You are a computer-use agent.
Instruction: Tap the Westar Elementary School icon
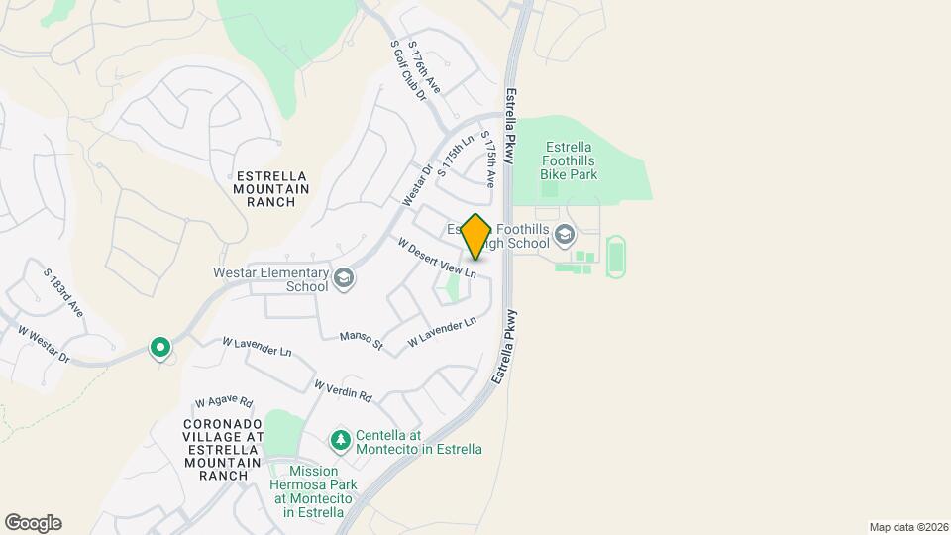coord(343,278)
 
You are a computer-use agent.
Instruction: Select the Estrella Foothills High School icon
coord(565,235)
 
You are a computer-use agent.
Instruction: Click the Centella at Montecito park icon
coord(340,439)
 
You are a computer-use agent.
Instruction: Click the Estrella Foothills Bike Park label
coord(569,160)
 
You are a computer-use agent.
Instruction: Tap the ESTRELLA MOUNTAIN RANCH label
coord(271,189)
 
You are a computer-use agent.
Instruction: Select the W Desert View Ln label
coord(437,257)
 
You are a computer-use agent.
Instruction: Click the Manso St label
coord(361,341)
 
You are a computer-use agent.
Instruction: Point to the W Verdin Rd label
coord(343,390)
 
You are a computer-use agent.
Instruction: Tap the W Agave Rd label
coord(224,403)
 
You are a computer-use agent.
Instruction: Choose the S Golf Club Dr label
coord(407,70)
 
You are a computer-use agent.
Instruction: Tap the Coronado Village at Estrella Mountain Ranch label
coord(223,449)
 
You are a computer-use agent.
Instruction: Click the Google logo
coord(33,523)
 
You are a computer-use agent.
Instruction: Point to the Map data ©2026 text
coord(906,527)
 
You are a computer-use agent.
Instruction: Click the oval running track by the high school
coord(616,257)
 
